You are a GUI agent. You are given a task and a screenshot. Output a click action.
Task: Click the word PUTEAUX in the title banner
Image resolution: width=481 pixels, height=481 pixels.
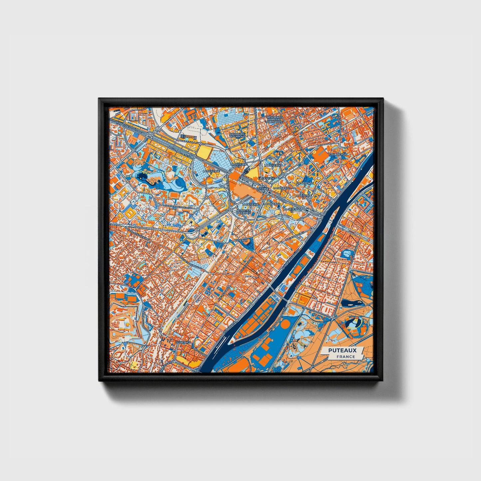point(342,350)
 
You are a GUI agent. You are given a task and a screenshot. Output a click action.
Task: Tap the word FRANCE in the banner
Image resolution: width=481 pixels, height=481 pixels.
point(345,357)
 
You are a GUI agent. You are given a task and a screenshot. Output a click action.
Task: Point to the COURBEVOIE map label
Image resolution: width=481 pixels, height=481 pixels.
point(338,154)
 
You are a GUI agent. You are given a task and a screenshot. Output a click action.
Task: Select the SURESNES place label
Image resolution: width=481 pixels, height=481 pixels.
point(183,342)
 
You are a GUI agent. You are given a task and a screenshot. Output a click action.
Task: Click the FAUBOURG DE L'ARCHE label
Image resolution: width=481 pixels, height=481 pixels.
point(237,135)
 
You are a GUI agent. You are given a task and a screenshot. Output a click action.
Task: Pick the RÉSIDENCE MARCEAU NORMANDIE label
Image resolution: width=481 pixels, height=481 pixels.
point(275,120)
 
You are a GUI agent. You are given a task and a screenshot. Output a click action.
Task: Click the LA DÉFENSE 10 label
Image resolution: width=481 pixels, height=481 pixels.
point(293,210)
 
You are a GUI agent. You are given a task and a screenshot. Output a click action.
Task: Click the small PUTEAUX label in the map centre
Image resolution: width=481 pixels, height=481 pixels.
point(241,240)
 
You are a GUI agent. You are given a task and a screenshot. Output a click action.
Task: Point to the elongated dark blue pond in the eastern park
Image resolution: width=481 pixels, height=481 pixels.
point(350,303)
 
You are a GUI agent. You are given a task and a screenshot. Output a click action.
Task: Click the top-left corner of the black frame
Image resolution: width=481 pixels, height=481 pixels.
point(99,99)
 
